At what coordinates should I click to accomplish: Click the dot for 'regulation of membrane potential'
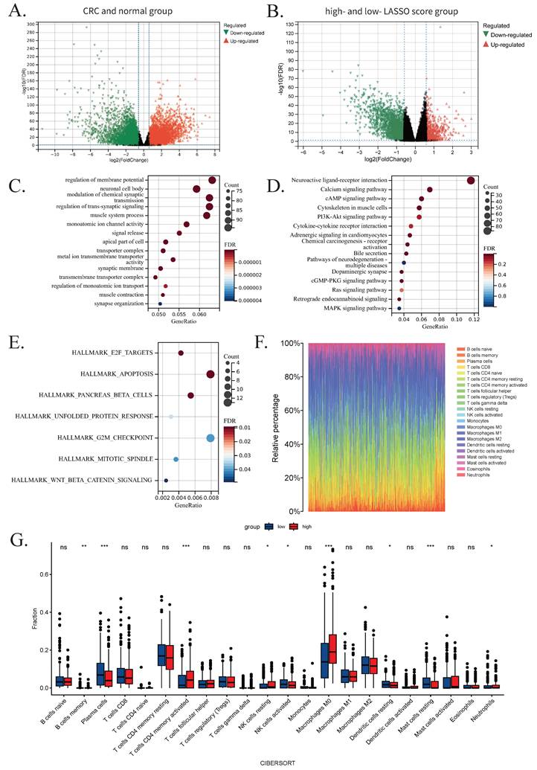coord(213,180)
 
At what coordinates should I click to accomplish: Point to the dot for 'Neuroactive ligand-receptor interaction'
coord(470,180)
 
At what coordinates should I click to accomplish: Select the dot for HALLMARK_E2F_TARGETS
coord(181,353)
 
